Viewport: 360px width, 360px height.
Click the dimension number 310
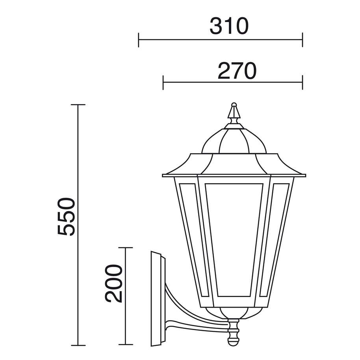[x=229, y=26]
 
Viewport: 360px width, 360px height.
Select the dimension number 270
[x=237, y=71]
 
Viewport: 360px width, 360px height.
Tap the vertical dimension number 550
[x=66, y=217]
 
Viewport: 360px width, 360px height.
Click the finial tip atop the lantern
[x=234, y=104]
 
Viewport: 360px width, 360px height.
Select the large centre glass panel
[x=234, y=239]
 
